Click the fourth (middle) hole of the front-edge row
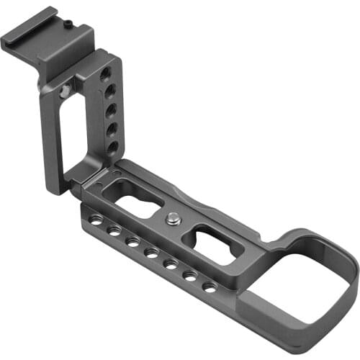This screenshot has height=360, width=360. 151,252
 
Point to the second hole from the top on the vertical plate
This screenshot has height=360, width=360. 109,92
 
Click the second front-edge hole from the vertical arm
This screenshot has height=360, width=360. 114,231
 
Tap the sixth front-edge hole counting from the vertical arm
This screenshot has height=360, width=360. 190,275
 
